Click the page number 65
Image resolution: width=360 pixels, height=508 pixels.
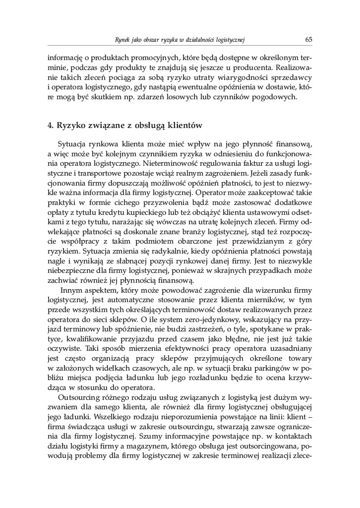click(308, 39)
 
